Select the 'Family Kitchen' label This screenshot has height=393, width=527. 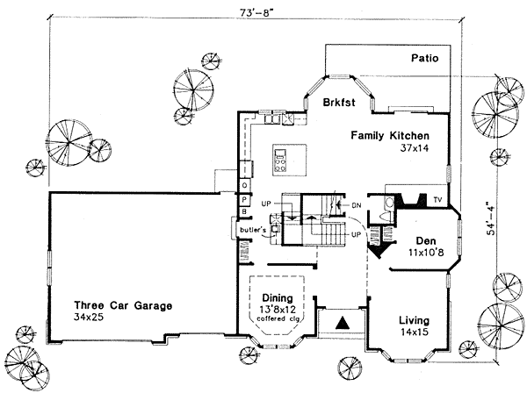click(x=389, y=136)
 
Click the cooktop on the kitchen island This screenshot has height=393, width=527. click(x=282, y=162)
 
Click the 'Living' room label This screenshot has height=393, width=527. click(x=414, y=320)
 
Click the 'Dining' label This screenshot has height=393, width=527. click(x=277, y=297)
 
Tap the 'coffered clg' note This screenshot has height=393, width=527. click(x=277, y=320)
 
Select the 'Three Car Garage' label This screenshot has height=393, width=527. click(x=123, y=306)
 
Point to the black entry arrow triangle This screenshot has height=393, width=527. click(x=344, y=324)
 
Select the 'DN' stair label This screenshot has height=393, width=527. click(x=356, y=206)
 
